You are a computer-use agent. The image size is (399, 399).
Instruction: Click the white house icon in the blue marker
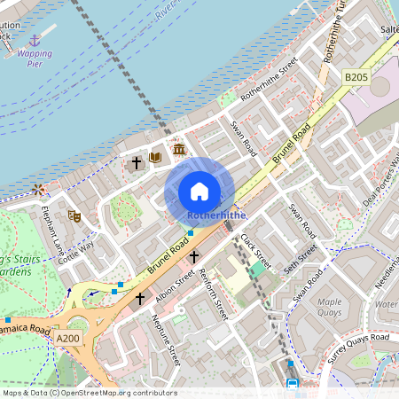(x=199, y=192)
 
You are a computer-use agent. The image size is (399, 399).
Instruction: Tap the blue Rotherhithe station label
(x=216, y=215)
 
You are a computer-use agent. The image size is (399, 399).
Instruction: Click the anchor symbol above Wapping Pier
(x=35, y=41)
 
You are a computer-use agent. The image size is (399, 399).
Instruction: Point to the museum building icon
(x=179, y=149)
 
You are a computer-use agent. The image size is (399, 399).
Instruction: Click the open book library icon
(x=156, y=158)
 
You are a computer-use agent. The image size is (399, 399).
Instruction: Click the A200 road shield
(x=67, y=338)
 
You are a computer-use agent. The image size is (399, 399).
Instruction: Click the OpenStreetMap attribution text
(x=89, y=392)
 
